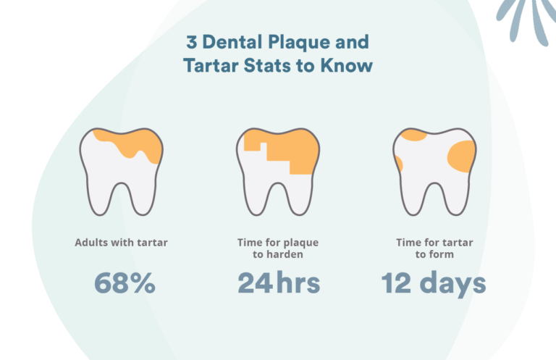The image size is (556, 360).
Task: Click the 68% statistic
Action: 125,283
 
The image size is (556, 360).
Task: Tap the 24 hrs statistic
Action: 278,283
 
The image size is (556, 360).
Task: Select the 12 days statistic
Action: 434,283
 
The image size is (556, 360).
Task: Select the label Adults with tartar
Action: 121,242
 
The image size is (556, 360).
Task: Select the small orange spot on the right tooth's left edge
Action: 398,164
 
